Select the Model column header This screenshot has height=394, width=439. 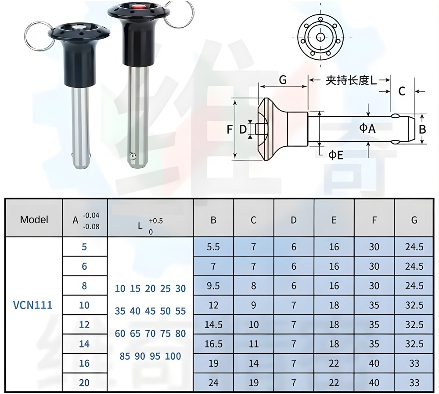pyautogui.click(x=34, y=219)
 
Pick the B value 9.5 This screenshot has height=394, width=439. pyautogui.click(x=213, y=286)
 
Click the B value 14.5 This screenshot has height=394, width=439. pyautogui.click(x=213, y=325)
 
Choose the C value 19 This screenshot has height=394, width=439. pyautogui.click(x=253, y=383)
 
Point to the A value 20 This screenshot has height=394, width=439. pyautogui.click(x=84, y=383)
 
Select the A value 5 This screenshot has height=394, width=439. pyautogui.click(x=84, y=247)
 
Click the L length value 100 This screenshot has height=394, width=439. pyautogui.click(x=173, y=356)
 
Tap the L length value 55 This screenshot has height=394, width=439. pyautogui.click(x=180, y=311)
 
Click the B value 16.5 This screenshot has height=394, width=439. pyautogui.click(x=213, y=344)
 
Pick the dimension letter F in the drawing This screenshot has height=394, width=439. pyautogui.click(x=229, y=130)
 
